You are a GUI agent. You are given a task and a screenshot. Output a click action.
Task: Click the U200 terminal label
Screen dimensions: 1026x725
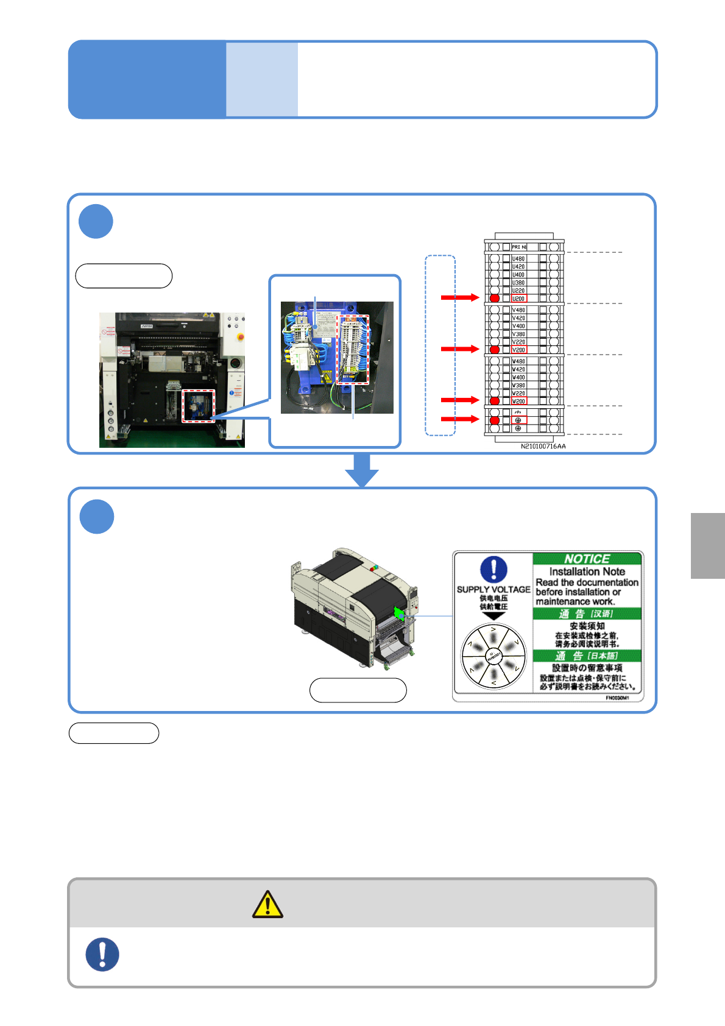click(x=518, y=299)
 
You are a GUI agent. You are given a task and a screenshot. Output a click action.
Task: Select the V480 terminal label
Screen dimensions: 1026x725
click(x=518, y=310)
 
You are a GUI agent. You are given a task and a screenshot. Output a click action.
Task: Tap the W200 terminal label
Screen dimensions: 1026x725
click(x=518, y=401)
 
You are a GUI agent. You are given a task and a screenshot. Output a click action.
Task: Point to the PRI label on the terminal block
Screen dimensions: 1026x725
click(x=516, y=247)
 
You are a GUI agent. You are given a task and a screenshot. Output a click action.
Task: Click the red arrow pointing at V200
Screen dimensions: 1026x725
click(x=460, y=349)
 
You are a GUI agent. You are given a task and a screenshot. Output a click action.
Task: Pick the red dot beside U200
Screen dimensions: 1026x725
click(x=495, y=299)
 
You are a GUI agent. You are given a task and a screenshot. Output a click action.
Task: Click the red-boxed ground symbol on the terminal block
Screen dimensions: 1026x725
click(x=518, y=420)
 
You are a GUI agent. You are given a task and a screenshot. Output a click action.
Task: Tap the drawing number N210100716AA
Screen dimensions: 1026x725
click(x=543, y=447)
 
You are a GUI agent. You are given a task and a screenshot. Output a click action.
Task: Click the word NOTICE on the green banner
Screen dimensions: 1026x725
click(x=587, y=559)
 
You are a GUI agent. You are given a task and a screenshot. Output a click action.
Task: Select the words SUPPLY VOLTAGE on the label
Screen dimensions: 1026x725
click(x=493, y=589)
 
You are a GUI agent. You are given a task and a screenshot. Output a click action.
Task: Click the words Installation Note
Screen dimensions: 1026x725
click(x=587, y=571)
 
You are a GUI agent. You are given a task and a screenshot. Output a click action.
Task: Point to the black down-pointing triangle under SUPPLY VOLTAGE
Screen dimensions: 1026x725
click(x=493, y=616)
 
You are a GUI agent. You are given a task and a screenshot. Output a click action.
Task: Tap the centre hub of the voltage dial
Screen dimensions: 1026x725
click(x=493, y=656)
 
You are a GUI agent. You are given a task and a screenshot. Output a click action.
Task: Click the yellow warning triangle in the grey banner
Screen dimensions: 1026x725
click(x=267, y=904)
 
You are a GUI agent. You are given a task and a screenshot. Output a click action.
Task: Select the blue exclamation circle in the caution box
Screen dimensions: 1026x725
click(x=102, y=954)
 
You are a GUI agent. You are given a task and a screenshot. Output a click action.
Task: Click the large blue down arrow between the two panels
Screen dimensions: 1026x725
click(x=362, y=470)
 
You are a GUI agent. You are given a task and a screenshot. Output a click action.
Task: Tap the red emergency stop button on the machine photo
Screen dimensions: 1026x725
click(x=241, y=336)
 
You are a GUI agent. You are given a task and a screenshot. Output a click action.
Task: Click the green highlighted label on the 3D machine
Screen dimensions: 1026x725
click(x=399, y=614)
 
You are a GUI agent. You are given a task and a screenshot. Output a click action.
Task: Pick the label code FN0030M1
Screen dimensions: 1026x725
click(x=617, y=698)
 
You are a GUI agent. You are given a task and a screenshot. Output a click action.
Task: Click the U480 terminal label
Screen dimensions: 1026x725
click(x=518, y=259)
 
